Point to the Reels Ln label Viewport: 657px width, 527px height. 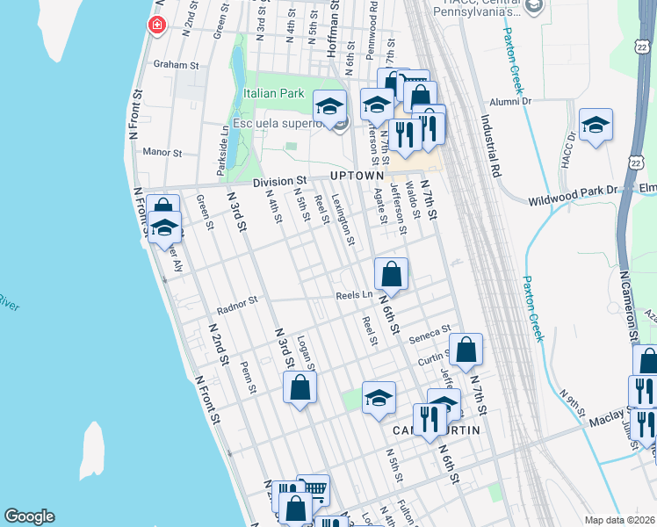pos(354,296)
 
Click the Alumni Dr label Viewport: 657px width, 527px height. pos(512,102)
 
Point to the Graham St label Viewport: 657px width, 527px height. pos(171,64)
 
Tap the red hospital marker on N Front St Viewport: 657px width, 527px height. pos(157,25)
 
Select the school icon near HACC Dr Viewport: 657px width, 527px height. pos(596,125)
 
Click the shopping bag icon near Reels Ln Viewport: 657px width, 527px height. pos(392,272)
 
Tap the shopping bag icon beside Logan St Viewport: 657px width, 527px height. pos(300,386)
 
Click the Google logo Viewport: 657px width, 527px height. pos(29,516)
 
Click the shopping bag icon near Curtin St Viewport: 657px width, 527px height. pos(466,348)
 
